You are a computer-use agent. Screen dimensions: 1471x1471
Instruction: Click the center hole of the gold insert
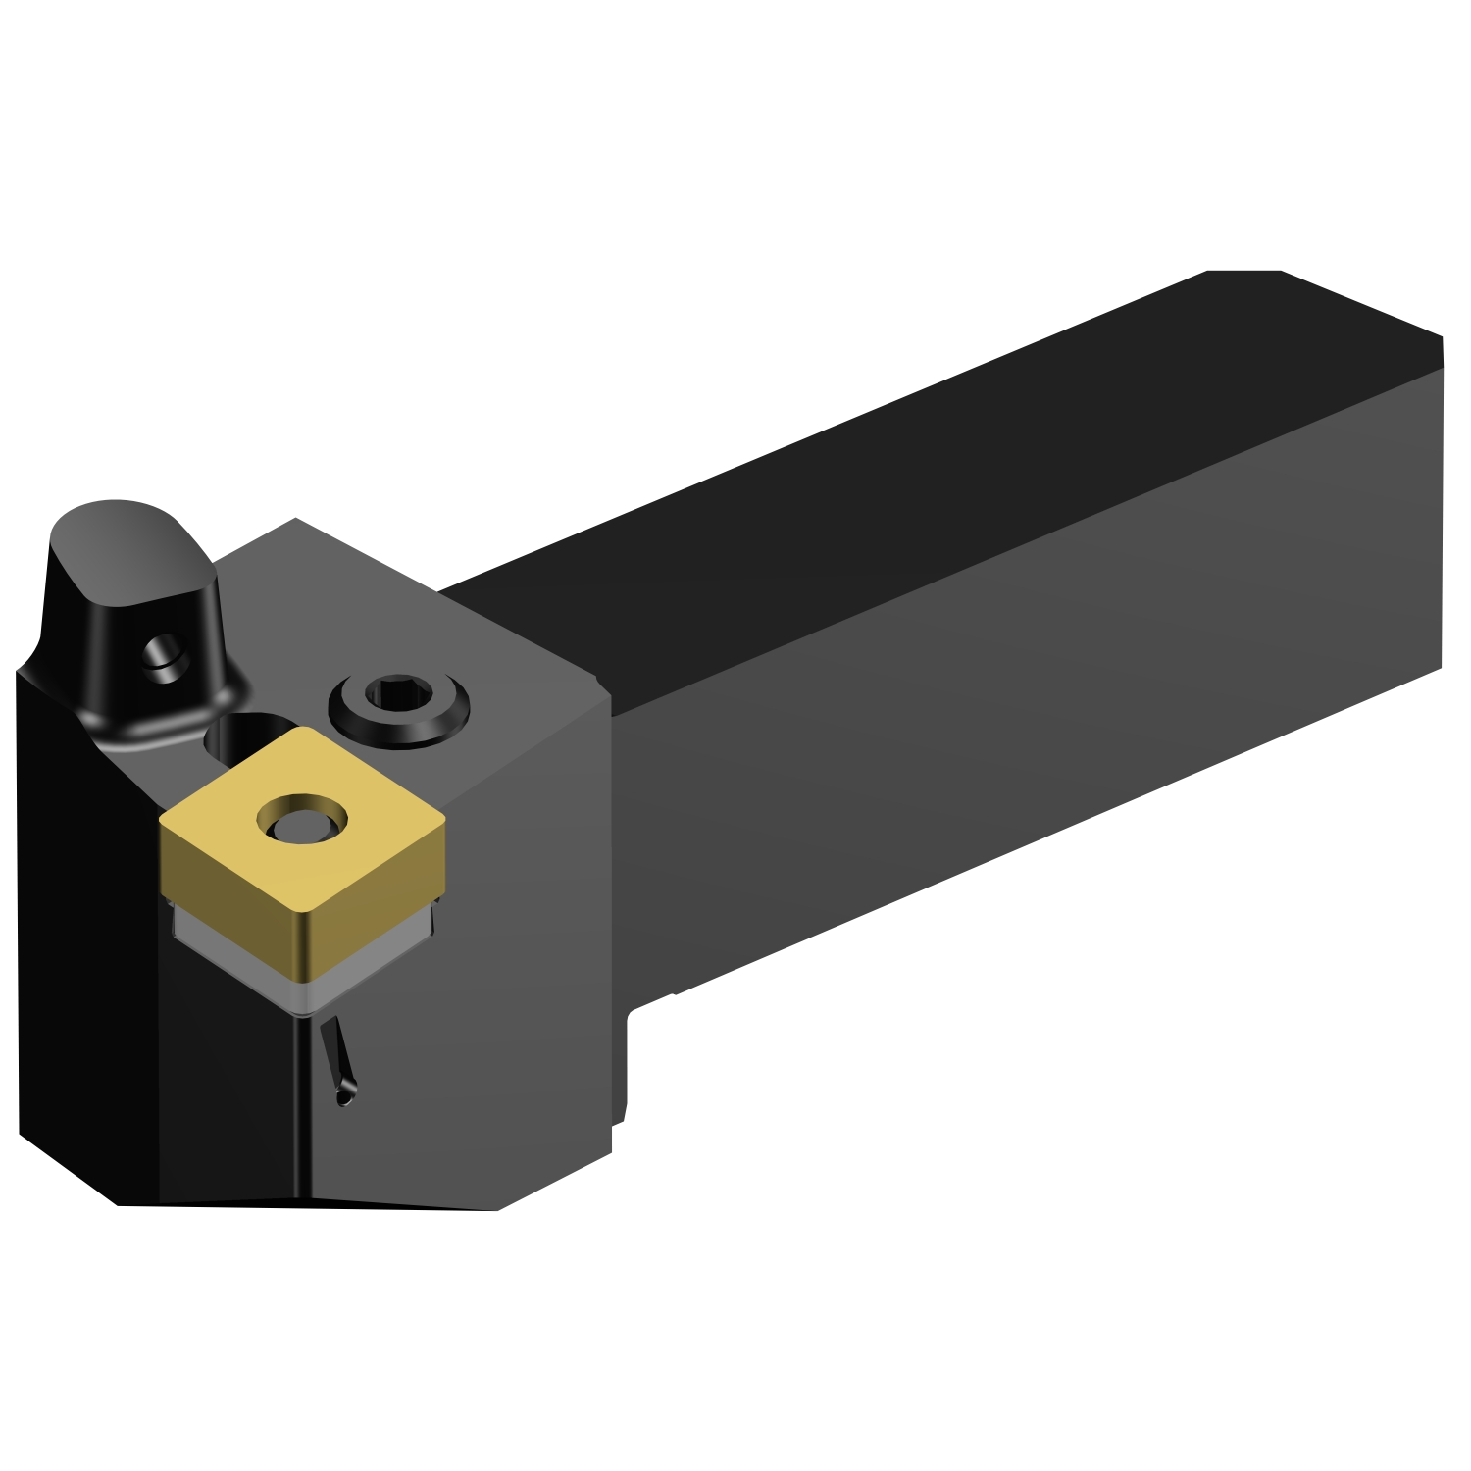point(301,819)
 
